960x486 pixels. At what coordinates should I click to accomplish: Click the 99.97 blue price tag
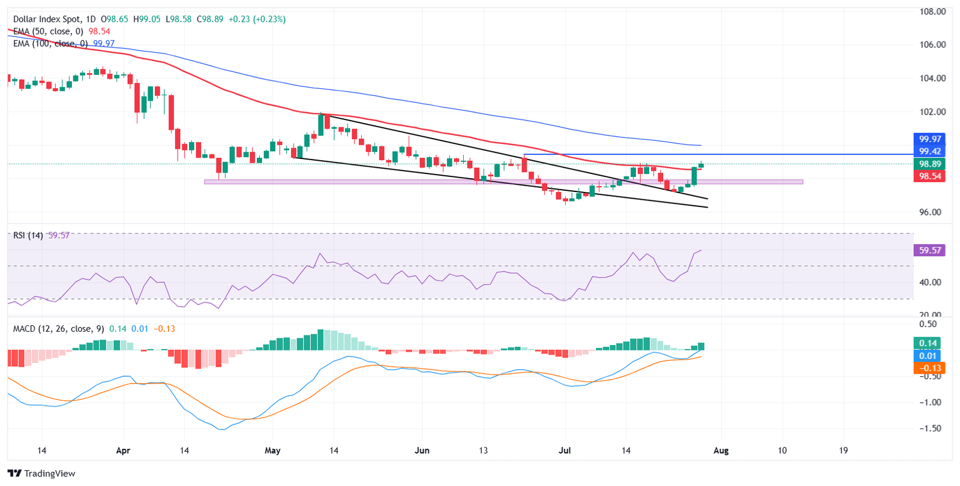click(929, 139)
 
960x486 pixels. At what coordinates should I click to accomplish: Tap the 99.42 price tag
click(929, 151)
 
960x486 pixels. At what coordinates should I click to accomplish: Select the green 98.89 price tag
click(929, 164)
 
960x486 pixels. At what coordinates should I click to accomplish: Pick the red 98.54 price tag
click(929, 176)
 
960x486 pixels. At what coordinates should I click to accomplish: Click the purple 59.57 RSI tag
click(929, 250)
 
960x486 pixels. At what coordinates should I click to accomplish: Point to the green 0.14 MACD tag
click(928, 343)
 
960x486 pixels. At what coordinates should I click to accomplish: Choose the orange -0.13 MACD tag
click(928, 368)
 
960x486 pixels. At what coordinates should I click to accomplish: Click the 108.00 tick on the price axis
click(932, 11)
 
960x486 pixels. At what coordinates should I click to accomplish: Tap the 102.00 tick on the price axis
click(932, 112)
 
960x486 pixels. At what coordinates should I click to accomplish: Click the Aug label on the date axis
click(721, 451)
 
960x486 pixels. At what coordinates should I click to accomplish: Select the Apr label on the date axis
click(123, 451)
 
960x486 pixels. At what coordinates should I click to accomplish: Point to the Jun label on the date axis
click(422, 451)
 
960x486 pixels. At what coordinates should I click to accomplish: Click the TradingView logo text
click(49, 473)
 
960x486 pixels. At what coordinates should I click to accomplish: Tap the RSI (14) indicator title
click(28, 235)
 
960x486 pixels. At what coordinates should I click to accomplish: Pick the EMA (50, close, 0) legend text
click(48, 31)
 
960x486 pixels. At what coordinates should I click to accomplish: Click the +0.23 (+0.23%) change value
click(260, 19)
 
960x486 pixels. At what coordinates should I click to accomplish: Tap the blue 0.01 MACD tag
click(928, 356)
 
